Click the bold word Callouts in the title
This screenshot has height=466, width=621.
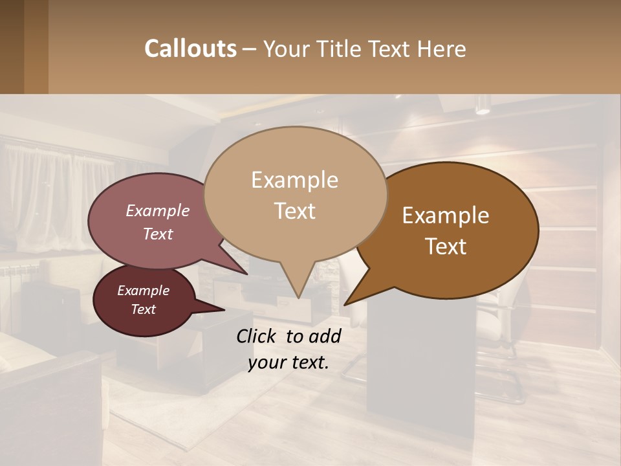pos(190,49)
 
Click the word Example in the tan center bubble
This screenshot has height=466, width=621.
pos(294,180)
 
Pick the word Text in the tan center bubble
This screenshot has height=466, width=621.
pos(294,210)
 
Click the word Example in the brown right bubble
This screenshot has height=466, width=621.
pos(446,216)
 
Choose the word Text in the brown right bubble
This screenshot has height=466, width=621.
pos(446,246)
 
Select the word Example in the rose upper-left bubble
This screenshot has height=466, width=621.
pos(158,210)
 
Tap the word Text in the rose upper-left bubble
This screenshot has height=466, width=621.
pos(158,234)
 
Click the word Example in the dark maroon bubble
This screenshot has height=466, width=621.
pos(143,291)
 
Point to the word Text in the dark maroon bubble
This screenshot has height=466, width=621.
pos(143,309)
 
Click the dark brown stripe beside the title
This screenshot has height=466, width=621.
pos(36,47)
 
